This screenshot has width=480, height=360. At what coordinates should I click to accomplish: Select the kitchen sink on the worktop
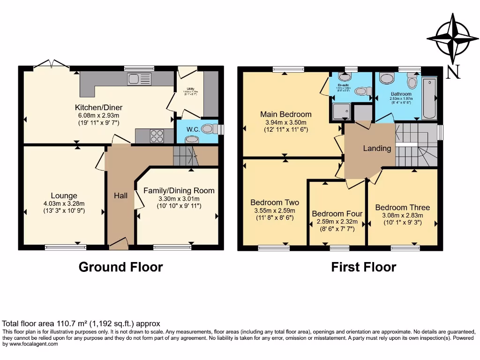click(x=139, y=79)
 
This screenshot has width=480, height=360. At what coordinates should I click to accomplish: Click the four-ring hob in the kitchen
click(x=157, y=136)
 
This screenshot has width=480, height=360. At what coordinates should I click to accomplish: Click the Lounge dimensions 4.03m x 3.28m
click(x=64, y=203)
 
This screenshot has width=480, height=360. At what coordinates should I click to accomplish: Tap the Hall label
click(x=120, y=195)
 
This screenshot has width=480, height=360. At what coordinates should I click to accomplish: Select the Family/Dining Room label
click(x=179, y=190)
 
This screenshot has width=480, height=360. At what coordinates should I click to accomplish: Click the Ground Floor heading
click(x=120, y=267)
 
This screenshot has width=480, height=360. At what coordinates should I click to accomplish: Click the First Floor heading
click(x=363, y=267)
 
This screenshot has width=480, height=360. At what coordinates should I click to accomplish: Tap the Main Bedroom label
click(x=286, y=114)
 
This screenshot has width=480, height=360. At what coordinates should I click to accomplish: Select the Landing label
click(x=377, y=148)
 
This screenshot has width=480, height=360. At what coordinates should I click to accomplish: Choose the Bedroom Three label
click(x=402, y=207)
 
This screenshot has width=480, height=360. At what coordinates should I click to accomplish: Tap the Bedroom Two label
click(x=275, y=202)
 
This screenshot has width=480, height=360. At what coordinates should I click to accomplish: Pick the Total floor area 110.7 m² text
click(x=81, y=323)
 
